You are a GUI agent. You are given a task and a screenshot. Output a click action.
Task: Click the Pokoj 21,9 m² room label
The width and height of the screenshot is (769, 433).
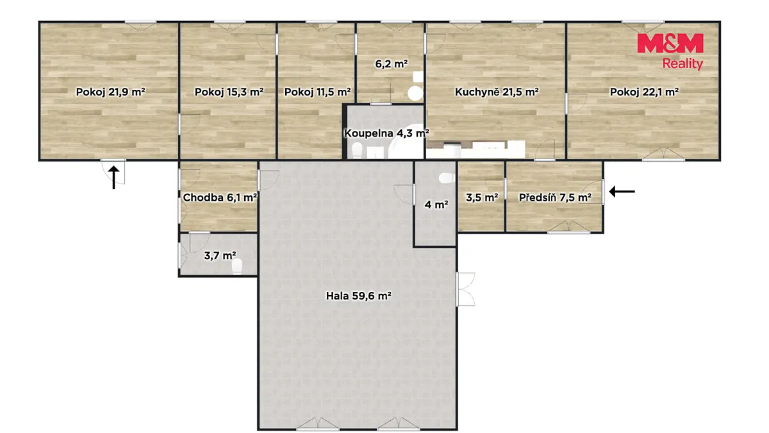(110, 92)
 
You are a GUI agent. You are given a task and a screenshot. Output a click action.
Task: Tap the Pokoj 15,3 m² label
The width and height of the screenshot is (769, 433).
(229, 92)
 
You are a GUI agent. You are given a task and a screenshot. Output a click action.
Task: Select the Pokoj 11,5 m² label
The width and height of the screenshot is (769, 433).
(318, 92)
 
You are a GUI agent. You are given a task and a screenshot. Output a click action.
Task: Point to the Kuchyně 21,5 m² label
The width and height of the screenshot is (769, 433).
(497, 92)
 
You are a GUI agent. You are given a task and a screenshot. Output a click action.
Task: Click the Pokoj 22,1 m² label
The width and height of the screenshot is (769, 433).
(644, 92)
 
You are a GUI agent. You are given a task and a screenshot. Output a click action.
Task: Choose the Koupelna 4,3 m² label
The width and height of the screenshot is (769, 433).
(386, 133)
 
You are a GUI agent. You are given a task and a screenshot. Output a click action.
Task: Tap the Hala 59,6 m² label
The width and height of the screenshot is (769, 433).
(359, 296)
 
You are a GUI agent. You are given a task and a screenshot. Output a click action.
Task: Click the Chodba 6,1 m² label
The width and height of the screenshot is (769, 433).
(220, 198)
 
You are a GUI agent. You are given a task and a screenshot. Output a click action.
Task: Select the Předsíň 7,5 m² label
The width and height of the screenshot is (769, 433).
(555, 198)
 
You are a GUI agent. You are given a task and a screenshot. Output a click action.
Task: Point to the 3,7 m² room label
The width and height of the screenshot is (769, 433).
(220, 256)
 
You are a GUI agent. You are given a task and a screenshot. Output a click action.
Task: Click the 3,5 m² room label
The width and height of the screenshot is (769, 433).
(482, 198)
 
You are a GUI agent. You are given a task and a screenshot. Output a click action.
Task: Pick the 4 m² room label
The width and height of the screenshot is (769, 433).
(436, 205)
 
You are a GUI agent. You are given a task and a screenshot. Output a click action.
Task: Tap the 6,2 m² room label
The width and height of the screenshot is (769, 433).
(392, 64)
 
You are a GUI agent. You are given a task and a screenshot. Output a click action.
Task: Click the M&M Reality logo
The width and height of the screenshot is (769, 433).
(670, 51)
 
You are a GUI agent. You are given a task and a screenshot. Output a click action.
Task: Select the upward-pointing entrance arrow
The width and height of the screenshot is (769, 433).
(114, 177)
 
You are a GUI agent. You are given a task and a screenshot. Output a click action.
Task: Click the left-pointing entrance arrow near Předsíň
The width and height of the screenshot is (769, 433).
(622, 191)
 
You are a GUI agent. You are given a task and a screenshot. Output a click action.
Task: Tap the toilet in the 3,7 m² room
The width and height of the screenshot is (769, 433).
(237, 266)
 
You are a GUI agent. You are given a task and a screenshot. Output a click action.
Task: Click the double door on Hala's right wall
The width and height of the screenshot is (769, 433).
(465, 289)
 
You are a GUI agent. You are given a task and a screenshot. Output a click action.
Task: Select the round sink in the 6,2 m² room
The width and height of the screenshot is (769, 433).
(415, 93)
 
